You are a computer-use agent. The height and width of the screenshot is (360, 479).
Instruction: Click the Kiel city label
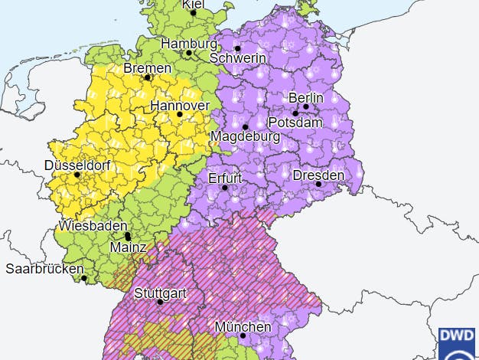click(193, 4)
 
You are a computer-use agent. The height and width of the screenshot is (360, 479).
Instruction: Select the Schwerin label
click(237, 58)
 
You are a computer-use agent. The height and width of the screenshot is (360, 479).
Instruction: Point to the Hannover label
click(180, 105)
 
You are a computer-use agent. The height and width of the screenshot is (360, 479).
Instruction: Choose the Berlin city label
click(305, 98)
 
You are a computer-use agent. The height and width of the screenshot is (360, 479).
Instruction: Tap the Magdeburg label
click(246, 136)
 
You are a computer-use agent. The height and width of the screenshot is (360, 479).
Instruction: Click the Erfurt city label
click(225, 178)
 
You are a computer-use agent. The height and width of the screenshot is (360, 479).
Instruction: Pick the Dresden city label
click(318, 175)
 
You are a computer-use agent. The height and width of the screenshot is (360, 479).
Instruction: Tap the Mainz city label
click(129, 247)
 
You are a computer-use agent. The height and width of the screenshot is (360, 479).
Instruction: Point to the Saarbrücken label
click(44, 269)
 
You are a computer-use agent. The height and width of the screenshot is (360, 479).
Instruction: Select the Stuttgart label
click(160, 292)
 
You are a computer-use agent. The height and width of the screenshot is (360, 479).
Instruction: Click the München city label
click(243, 326)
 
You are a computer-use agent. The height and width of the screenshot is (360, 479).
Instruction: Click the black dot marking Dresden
click(318, 184)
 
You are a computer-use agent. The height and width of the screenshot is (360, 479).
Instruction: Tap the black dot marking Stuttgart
click(160, 301)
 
